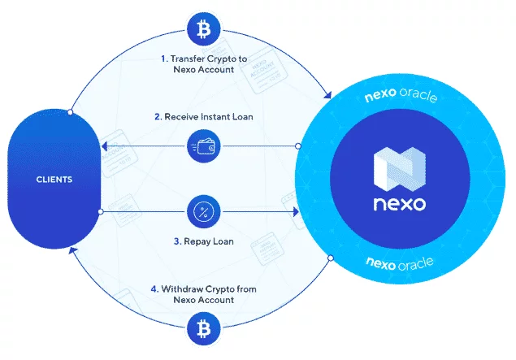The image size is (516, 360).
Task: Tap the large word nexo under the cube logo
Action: coord(396,204)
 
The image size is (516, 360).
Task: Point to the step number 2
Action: coord(158,117)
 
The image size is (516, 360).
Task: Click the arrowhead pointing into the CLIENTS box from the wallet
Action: coord(103,147)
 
